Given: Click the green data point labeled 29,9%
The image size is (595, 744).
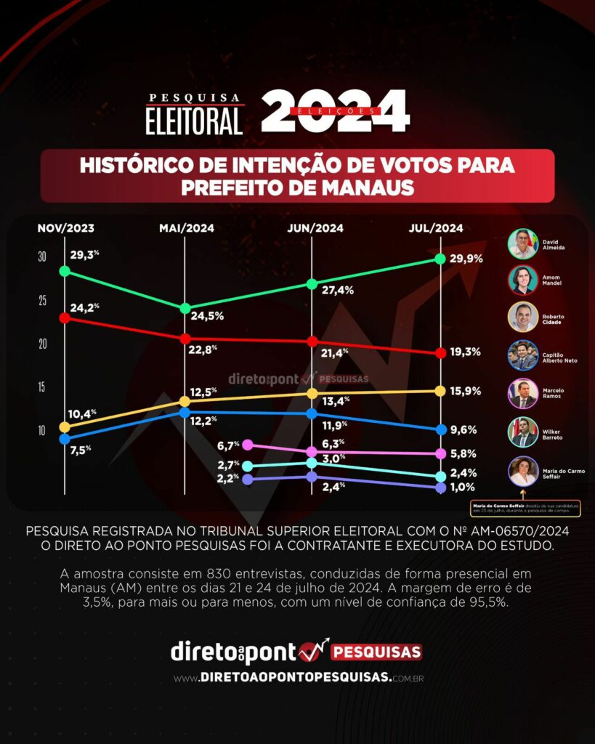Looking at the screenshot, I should [440, 259].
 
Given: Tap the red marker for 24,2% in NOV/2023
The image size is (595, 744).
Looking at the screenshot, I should [65, 318].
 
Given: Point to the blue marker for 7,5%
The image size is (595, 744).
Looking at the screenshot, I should [65, 439].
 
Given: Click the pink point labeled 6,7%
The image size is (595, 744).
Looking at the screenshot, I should [248, 445].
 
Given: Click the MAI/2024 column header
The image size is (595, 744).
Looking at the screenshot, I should [187, 228].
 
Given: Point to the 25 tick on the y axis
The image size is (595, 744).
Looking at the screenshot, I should [42, 300].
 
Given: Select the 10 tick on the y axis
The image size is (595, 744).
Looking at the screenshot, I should [42, 430].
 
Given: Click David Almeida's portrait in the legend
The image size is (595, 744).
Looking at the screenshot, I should [523, 243].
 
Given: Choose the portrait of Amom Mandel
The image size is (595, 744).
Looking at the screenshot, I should [523, 280].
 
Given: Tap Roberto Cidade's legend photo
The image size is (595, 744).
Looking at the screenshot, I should [523, 317].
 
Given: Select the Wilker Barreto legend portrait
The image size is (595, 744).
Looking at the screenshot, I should [523, 432].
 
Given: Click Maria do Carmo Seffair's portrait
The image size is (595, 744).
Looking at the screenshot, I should [523, 471].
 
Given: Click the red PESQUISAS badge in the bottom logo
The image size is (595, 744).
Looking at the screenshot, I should [376, 652].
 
